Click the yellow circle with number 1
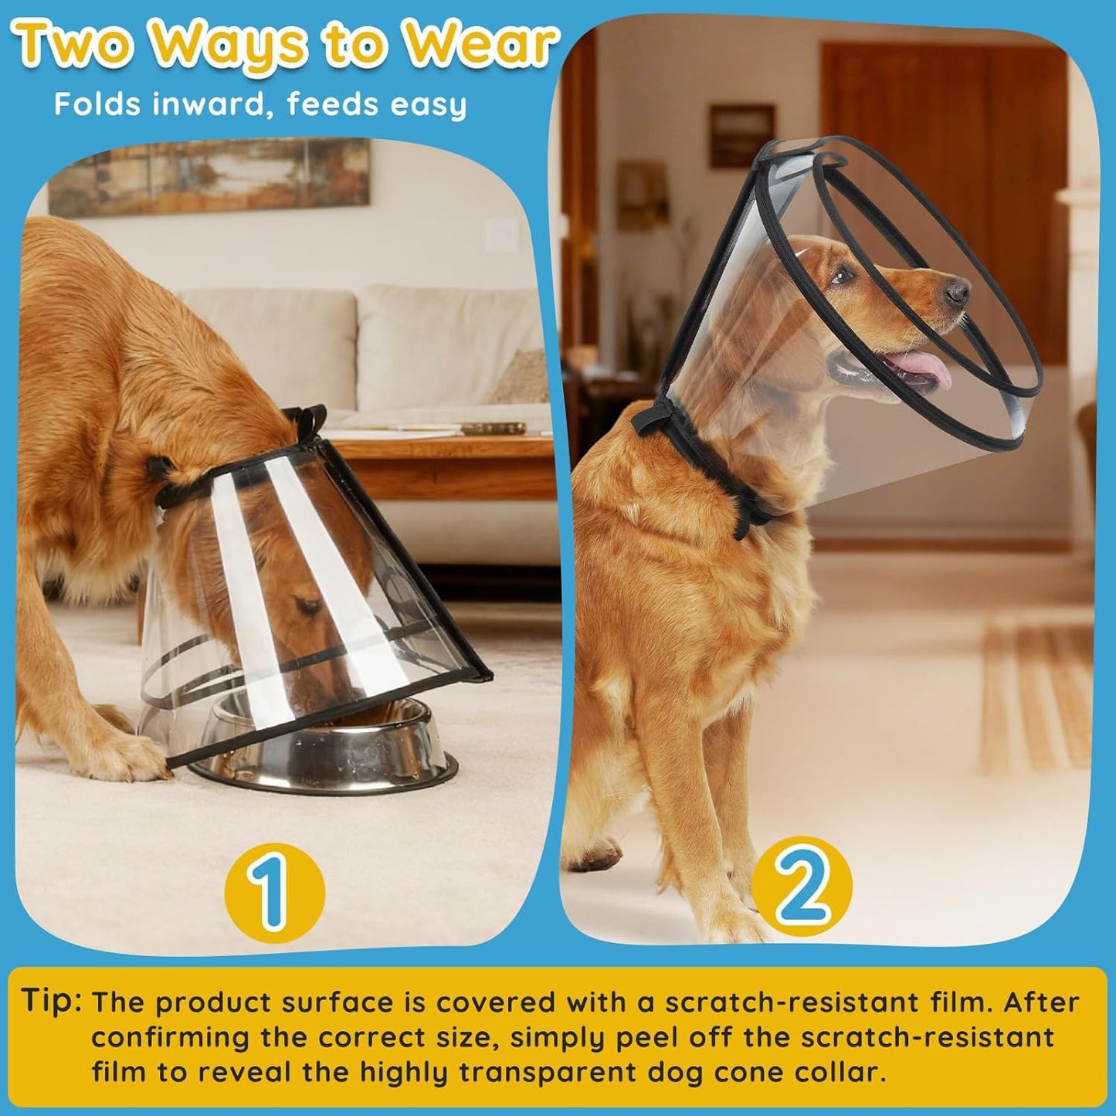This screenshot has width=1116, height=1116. (x=274, y=891)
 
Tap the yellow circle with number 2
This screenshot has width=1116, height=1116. (x=802, y=886)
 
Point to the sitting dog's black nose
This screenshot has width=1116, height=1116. (x=958, y=291)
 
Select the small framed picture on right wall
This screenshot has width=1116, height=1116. (x=741, y=135)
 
